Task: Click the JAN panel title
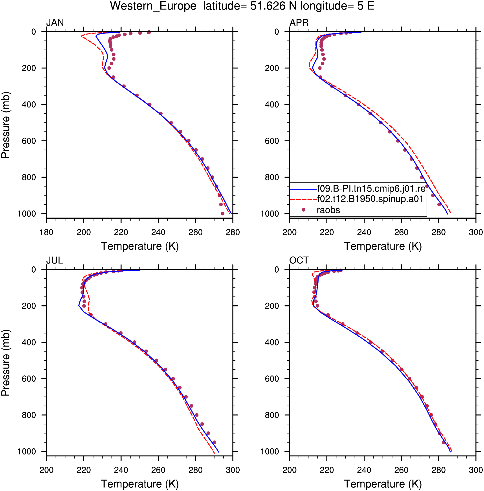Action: [x=55, y=23]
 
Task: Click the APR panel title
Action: [x=299, y=23]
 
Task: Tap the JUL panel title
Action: [x=54, y=260]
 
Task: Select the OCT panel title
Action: [x=299, y=260]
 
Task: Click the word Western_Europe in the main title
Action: [x=153, y=6]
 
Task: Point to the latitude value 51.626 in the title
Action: [x=268, y=6]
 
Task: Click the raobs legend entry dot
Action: [x=303, y=210]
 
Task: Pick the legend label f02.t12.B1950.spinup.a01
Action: [x=370, y=199]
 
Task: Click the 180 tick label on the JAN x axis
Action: [x=46, y=232]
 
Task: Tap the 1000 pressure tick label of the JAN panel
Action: [x=27, y=214]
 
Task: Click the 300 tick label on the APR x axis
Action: [x=476, y=232]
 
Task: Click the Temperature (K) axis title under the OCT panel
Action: [x=383, y=484]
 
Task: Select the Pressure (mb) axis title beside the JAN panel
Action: [x=5, y=125]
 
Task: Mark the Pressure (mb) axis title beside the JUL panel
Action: [x=5, y=363]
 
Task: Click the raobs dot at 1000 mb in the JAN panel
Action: [x=222, y=214]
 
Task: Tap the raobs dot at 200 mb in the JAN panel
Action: [x=109, y=68]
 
